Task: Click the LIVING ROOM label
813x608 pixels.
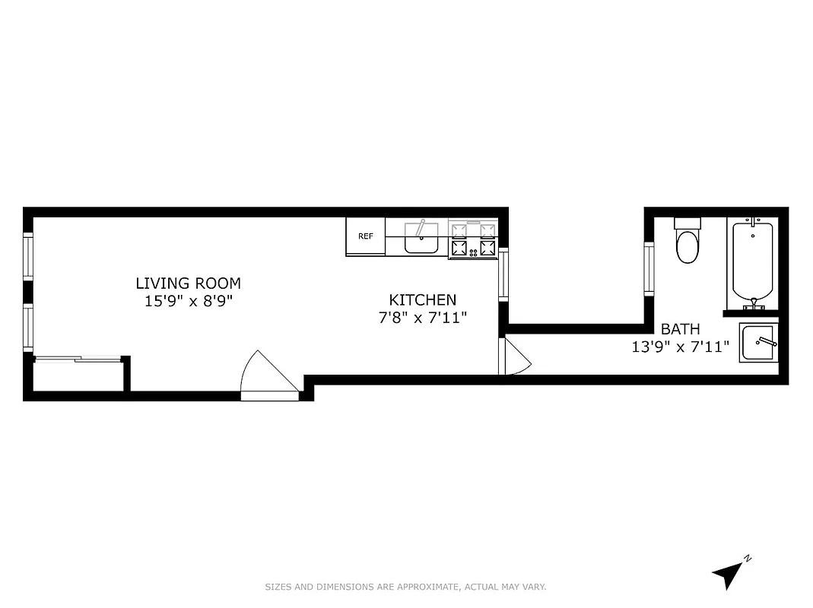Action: point(188,283)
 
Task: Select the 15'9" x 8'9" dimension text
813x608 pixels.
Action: point(188,301)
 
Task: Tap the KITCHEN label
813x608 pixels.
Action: point(423,300)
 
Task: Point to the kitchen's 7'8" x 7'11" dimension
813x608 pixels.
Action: point(423,318)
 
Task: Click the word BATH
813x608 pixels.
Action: point(680,329)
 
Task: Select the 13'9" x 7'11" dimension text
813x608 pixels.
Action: point(680,347)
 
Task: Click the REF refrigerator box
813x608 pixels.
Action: point(365,236)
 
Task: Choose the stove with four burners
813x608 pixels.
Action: point(473,239)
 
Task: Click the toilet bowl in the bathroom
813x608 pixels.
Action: point(688,247)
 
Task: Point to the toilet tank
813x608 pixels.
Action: point(688,223)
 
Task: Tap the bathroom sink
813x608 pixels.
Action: point(757,343)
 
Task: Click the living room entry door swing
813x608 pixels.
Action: point(266,374)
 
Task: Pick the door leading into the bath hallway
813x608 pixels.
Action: point(513,357)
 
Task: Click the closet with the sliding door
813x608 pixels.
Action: point(78,375)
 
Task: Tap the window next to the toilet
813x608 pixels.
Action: point(649,268)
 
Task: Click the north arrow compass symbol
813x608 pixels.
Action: point(730,573)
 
